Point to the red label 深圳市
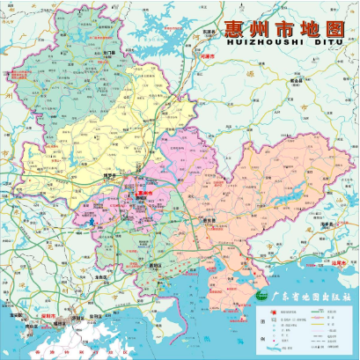47,314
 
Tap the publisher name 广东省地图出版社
310,298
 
